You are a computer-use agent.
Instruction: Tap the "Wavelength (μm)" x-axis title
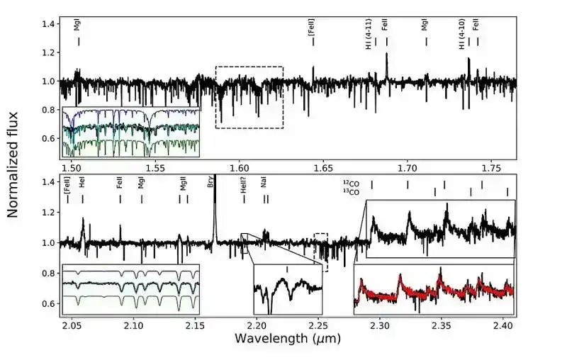288,339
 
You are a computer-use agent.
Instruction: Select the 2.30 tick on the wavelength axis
381,325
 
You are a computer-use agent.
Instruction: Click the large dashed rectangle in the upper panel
249,98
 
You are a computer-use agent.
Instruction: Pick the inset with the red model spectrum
433,289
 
